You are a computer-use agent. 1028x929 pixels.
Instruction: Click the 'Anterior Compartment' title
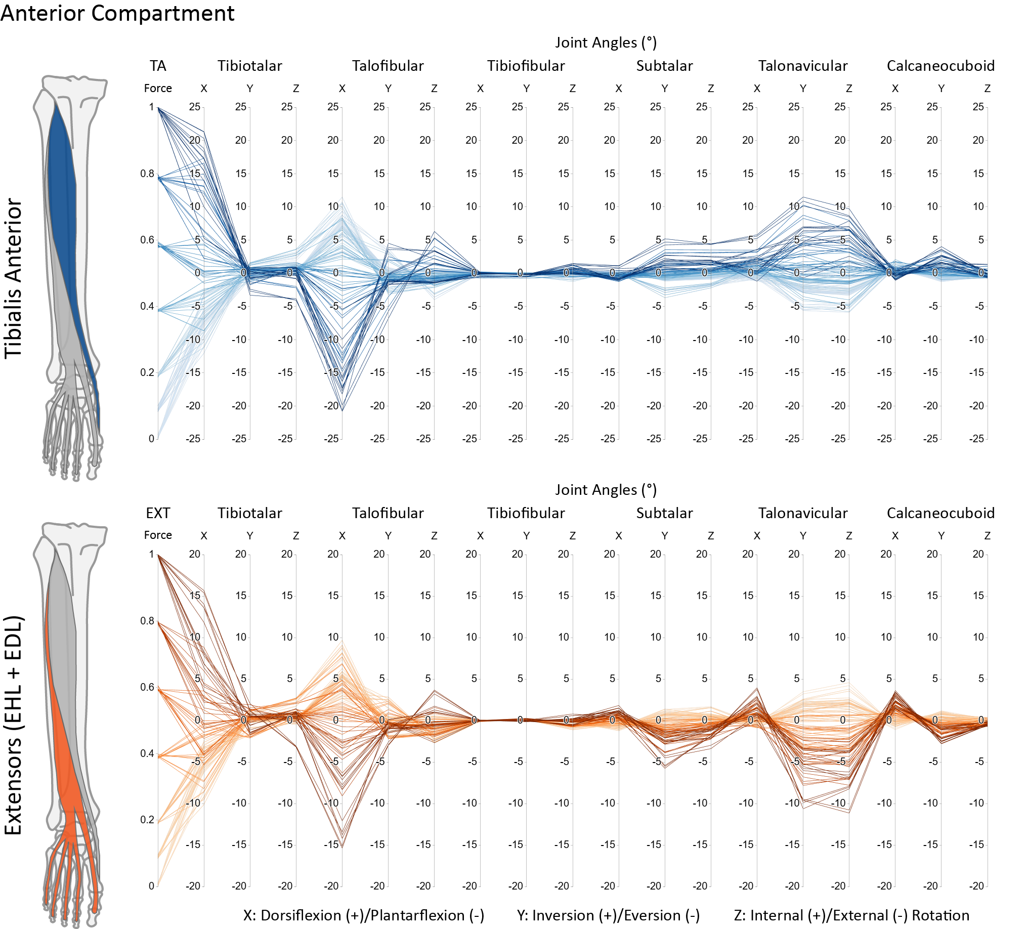tap(117, 13)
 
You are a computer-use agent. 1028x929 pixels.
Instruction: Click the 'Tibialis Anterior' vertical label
tap(14, 278)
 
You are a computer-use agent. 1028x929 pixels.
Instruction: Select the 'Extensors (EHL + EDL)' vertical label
tap(14, 726)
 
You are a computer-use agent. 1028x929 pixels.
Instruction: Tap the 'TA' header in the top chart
tap(157, 66)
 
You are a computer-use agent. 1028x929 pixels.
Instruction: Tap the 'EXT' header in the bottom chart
tap(157, 513)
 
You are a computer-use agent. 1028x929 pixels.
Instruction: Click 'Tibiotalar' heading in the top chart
tap(250, 66)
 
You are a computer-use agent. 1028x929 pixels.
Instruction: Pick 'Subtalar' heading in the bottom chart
tap(664, 513)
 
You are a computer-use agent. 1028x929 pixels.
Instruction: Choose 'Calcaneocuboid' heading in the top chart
tap(941, 66)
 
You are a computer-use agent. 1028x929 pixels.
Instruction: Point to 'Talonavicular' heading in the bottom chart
tap(802, 513)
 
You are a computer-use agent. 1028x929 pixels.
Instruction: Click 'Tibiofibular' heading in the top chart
tap(526, 66)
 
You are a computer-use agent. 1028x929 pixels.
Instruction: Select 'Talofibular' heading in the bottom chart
tap(388, 513)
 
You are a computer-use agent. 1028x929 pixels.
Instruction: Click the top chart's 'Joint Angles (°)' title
tap(606, 43)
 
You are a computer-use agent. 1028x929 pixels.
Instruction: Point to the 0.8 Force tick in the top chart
tap(147, 174)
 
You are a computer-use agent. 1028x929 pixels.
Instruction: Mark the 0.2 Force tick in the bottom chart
tap(147, 820)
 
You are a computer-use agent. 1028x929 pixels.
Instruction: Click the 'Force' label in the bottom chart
tap(157, 535)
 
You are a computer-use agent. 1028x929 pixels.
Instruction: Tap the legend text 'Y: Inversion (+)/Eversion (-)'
tap(608, 916)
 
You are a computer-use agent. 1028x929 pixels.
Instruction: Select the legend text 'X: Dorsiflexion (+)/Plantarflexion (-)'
tap(364, 916)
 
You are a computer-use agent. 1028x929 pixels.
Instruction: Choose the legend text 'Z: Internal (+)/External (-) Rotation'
tap(851, 916)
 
